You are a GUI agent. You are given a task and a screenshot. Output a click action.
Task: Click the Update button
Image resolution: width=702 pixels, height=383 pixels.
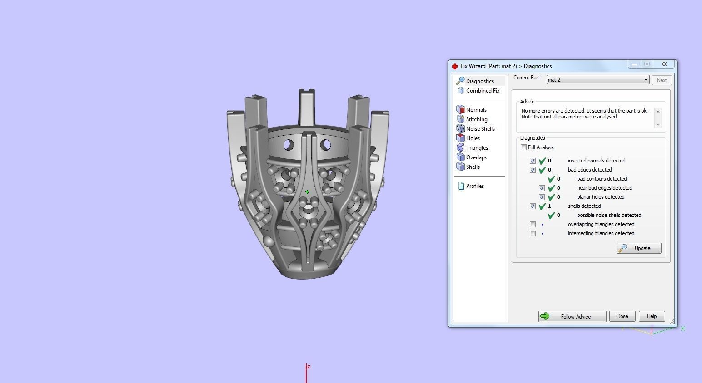tap(638, 248)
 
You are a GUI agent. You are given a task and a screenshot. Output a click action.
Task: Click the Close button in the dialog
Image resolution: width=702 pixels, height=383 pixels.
tap(622, 316)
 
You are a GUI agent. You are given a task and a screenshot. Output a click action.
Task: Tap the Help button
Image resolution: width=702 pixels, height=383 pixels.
tap(652, 316)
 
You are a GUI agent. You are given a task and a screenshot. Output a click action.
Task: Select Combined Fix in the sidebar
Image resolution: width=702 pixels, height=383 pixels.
tap(482, 91)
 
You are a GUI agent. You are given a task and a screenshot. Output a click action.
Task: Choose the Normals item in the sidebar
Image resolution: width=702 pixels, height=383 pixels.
tap(476, 110)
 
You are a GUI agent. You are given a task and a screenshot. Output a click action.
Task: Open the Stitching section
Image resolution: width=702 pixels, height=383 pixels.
tap(476, 119)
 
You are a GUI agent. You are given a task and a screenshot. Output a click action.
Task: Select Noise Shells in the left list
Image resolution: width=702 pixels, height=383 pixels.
tap(480, 129)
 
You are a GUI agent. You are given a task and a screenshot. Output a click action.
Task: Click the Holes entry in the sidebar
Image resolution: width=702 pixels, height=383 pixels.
tap(473, 138)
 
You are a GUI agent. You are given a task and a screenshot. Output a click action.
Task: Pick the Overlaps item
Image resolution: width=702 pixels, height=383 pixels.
tap(476, 157)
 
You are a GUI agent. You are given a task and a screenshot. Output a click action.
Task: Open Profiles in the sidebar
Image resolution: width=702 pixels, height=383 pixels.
tap(474, 186)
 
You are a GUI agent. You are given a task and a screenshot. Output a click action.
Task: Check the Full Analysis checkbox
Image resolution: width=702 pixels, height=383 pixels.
tap(524, 147)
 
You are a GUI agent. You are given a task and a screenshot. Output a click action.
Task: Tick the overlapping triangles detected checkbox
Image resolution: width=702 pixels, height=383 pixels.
tap(533, 224)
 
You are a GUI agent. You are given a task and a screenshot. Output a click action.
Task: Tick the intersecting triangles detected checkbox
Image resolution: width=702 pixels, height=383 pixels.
tap(533, 233)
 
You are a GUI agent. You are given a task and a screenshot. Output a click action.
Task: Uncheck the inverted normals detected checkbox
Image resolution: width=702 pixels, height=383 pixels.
tap(533, 161)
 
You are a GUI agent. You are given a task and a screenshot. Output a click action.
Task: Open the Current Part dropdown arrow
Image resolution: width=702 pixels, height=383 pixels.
tap(645, 80)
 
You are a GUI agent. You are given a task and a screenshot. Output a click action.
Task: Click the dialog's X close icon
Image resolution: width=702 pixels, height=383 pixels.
tap(664, 64)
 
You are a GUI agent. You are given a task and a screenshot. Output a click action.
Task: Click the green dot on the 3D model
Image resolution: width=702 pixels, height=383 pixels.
tap(307, 192)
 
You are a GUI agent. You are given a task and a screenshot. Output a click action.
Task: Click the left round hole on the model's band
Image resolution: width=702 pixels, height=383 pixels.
tap(289, 146)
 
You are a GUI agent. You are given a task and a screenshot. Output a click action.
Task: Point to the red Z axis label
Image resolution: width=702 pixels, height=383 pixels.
tap(309, 367)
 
